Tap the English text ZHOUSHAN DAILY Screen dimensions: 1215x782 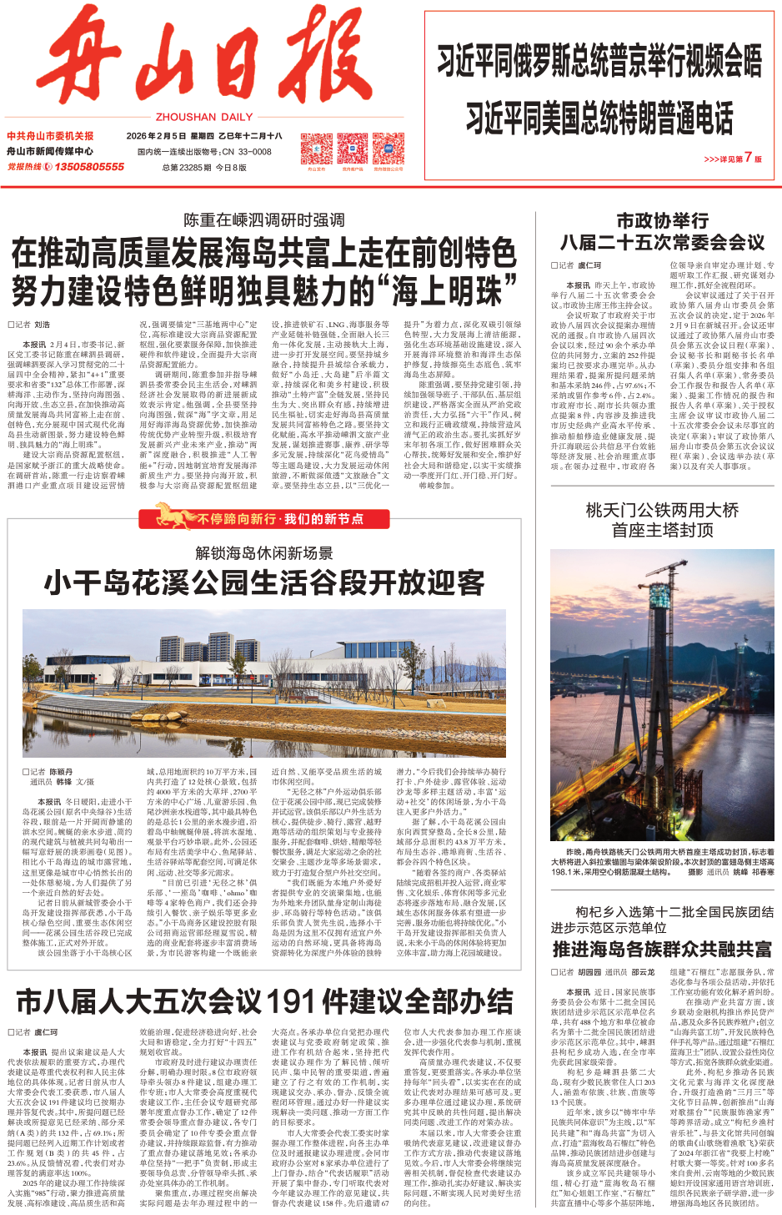click(x=204, y=118)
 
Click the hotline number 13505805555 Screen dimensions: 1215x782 click(x=89, y=167)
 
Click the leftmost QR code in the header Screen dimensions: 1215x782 click(x=316, y=149)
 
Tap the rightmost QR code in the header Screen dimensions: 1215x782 click(x=388, y=149)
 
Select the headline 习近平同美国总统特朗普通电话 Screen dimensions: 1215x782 click(x=599, y=118)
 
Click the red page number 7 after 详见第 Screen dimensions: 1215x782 click(x=748, y=157)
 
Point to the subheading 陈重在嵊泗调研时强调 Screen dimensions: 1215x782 click(x=264, y=220)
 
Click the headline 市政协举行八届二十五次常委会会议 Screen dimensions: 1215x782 click(x=662, y=232)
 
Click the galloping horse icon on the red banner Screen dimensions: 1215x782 click(x=173, y=516)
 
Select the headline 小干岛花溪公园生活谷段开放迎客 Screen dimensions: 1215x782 click(x=264, y=582)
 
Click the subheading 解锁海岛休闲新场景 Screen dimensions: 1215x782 click(x=264, y=552)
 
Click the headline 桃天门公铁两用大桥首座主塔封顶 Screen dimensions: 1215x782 click(x=662, y=520)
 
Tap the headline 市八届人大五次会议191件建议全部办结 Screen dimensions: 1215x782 click(x=264, y=1001)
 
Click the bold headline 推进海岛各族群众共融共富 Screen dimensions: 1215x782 click(x=662, y=949)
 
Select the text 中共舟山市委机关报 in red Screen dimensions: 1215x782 click(x=50, y=136)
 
